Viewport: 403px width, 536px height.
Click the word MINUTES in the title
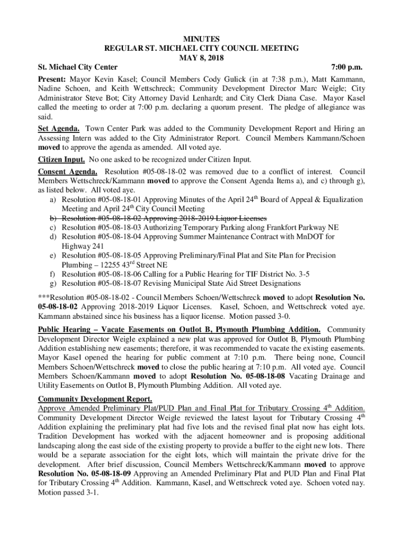201,39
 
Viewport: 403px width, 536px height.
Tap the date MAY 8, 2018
201,58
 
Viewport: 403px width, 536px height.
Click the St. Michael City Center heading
77,68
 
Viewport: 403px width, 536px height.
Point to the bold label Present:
52,79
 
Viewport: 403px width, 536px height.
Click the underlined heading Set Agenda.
59,128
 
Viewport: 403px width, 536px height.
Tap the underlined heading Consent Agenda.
68,172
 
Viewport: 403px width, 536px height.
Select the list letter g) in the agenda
53,284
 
